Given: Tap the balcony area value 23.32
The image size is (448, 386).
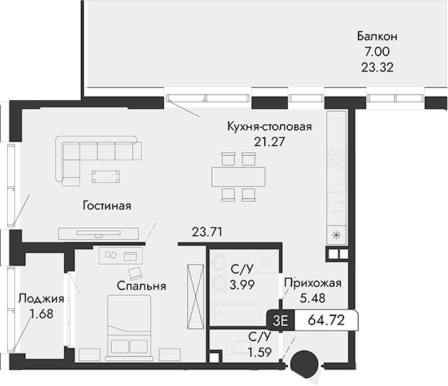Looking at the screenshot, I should [377, 69].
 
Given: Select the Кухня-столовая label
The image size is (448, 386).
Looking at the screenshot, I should [269, 127].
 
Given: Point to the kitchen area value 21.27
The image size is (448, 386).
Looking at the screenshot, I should [269, 143].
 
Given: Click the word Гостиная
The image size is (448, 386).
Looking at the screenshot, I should [106, 206].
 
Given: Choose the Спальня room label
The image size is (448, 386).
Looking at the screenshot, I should [141, 286].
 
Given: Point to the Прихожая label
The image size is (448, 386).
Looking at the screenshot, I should [312, 283].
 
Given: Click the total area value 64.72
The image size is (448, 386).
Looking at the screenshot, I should [325, 320].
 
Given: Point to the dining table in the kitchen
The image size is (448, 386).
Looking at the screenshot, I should [238, 175].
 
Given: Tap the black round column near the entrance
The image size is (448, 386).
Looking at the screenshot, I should [305, 360].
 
